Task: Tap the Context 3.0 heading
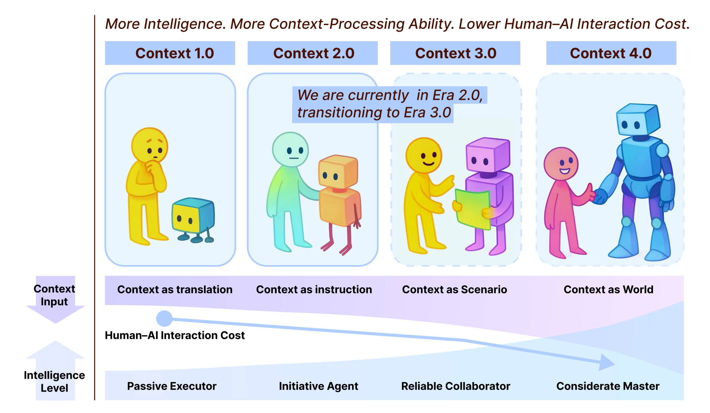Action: click(x=455, y=53)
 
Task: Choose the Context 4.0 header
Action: click(x=611, y=53)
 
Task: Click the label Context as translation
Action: click(x=175, y=289)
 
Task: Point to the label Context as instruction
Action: click(x=314, y=289)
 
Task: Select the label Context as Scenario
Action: click(x=454, y=289)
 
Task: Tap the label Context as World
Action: click(x=609, y=289)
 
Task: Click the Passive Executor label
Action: click(x=172, y=386)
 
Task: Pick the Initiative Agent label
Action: click(x=318, y=386)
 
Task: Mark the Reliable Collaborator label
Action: click(x=456, y=386)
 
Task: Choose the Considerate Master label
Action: click(x=608, y=386)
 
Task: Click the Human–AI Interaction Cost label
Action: click(x=175, y=335)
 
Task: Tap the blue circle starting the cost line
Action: click(x=164, y=318)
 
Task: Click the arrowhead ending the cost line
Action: click(x=607, y=362)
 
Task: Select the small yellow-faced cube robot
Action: click(x=193, y=217)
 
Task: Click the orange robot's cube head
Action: click(x=338, y=171)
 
